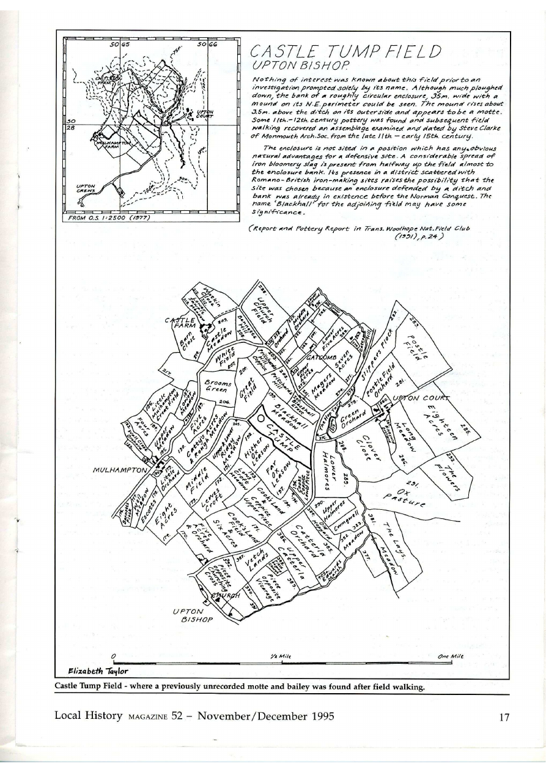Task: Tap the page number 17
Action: click(x=503, y=717)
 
